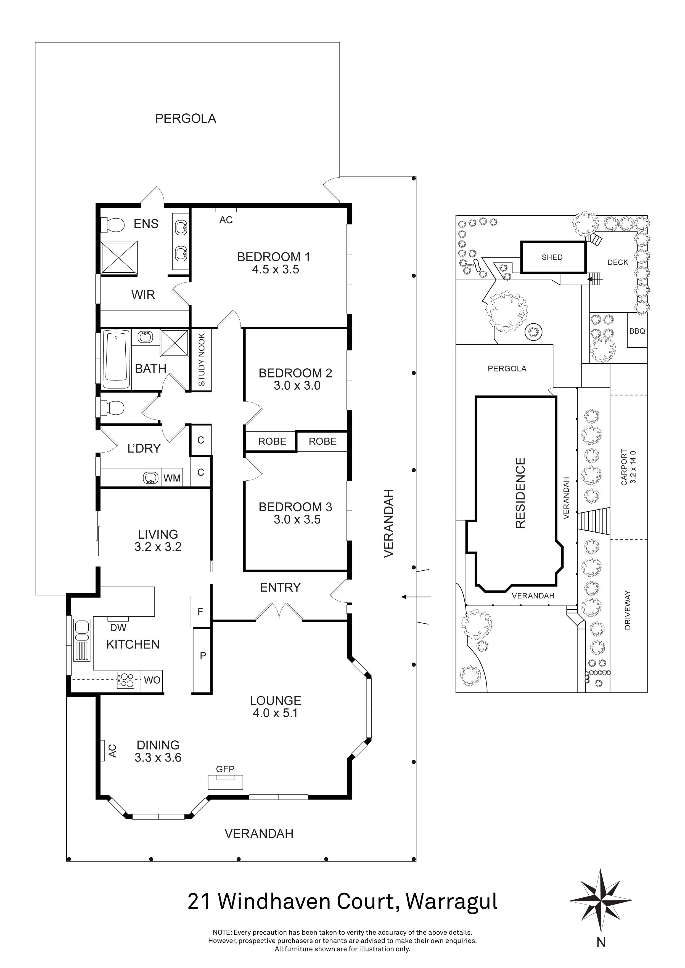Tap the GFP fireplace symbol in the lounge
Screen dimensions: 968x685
click(x=225, y=782)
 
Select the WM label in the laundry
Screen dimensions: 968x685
click(x=172, y=478)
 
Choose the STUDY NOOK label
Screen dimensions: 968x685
click(x=202, y=360)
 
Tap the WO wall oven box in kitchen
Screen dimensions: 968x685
click(x=152, y=680)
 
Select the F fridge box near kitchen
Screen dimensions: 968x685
click(x=200, y=611)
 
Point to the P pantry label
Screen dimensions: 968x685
click(x=202, y=656)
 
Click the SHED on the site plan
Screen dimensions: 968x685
click(x=552, y=257)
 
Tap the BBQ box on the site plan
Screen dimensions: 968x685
click(x=637, y=331)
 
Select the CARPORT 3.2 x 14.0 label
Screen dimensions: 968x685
click(x=628, y=467)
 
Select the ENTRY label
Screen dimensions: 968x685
click(x=280, y=587)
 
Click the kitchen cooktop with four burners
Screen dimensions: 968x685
click(x=126, y=680)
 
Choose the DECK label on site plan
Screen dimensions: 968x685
click(x=618, y=262)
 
